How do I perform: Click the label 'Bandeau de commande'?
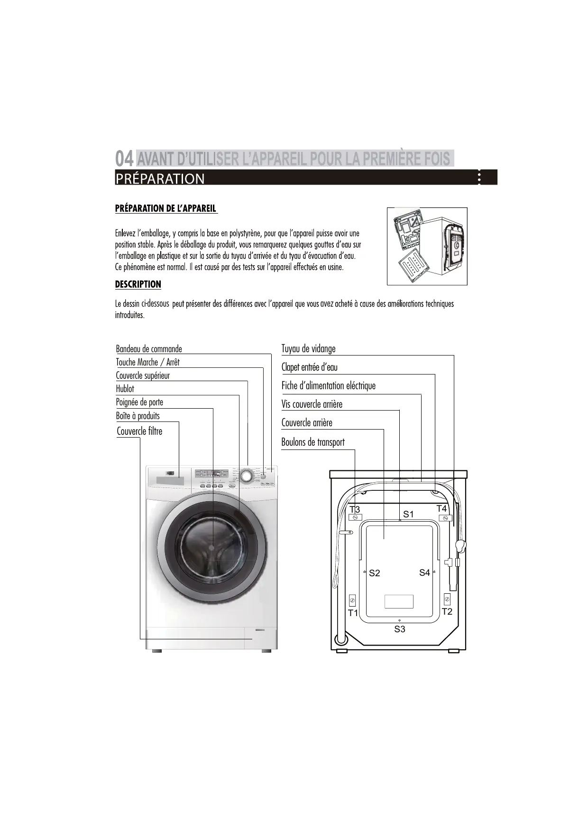[x=149, y=349]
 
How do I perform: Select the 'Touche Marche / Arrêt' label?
[x=147, y=362]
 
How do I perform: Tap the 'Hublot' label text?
[x=125, y=389]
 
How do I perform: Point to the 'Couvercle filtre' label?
[x=139, y=431]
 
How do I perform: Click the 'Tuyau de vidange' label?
[x=308, y=349]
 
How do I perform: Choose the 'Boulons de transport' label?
[x=313, y=442]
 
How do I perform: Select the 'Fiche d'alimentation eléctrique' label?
[x=328, y=386]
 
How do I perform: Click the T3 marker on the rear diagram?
[x=355, y=510]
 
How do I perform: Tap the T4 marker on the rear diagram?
[x=441, y=509]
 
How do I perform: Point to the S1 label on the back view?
[x=408, y=514]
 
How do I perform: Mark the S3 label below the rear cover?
[x=400, y=629]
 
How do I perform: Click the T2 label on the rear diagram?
[x=447, y=611]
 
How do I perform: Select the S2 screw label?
[x=374, y=573]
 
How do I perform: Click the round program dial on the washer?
[x=246, y=475]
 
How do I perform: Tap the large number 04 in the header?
[x=124, y=158]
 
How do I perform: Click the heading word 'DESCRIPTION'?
[x=138, y=284]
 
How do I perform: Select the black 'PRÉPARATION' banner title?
[x=160, y=178]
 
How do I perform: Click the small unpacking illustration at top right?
[x=427, y=246]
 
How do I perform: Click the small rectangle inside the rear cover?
[x=399, y=601]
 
